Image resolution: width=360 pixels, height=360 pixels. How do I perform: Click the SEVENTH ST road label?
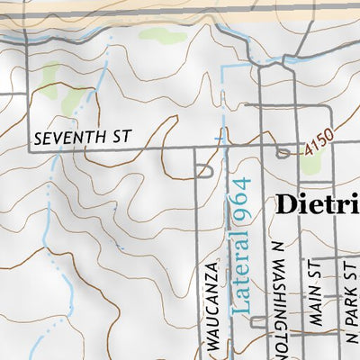[82, 138]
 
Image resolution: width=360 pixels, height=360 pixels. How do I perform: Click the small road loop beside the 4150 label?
[285, 154]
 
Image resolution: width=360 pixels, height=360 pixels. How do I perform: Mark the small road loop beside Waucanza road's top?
[204, 169]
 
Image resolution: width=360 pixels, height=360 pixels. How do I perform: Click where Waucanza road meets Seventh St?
[196, 150]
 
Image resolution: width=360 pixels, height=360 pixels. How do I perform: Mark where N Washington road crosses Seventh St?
[260, 150]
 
